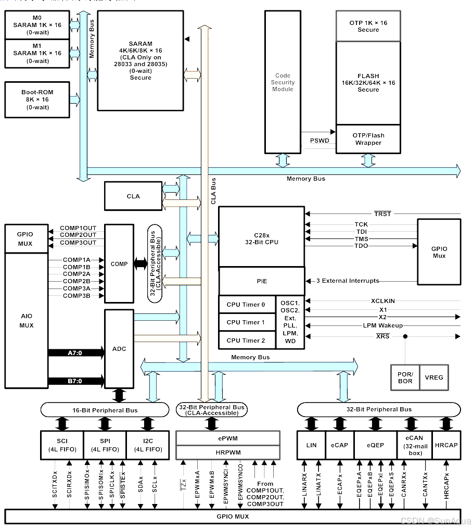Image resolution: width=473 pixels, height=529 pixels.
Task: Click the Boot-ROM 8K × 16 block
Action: coord(37,99)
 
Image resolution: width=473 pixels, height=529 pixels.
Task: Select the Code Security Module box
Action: coord(283,82)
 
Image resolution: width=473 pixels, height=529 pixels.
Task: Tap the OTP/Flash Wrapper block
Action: coord(368,139)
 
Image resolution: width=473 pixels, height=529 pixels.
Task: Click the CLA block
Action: coord(133,196)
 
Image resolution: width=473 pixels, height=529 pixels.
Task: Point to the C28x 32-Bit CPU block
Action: coord(262,236)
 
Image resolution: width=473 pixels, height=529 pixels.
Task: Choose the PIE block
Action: coord(262,281)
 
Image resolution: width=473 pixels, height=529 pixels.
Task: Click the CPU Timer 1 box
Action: coord(246,322)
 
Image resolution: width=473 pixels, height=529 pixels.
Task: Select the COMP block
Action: coord(119,263)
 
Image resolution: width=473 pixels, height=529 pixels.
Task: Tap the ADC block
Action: coord(119,348)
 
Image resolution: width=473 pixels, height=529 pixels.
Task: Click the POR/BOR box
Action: coord(405,377)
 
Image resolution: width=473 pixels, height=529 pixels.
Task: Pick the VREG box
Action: coord(434,377)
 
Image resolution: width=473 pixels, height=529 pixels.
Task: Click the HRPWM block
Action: coord(228,452)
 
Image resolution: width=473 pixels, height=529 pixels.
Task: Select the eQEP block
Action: coord(375,445)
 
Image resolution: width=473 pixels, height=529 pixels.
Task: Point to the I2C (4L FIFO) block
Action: coord(148,445)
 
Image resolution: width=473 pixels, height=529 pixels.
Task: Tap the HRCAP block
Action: coord(446,445)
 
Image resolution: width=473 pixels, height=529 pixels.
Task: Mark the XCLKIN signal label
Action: coord(382,301)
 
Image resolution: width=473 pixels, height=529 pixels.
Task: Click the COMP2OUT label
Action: coord(78,235)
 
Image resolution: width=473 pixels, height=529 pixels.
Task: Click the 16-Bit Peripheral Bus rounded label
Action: coord(105,410)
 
